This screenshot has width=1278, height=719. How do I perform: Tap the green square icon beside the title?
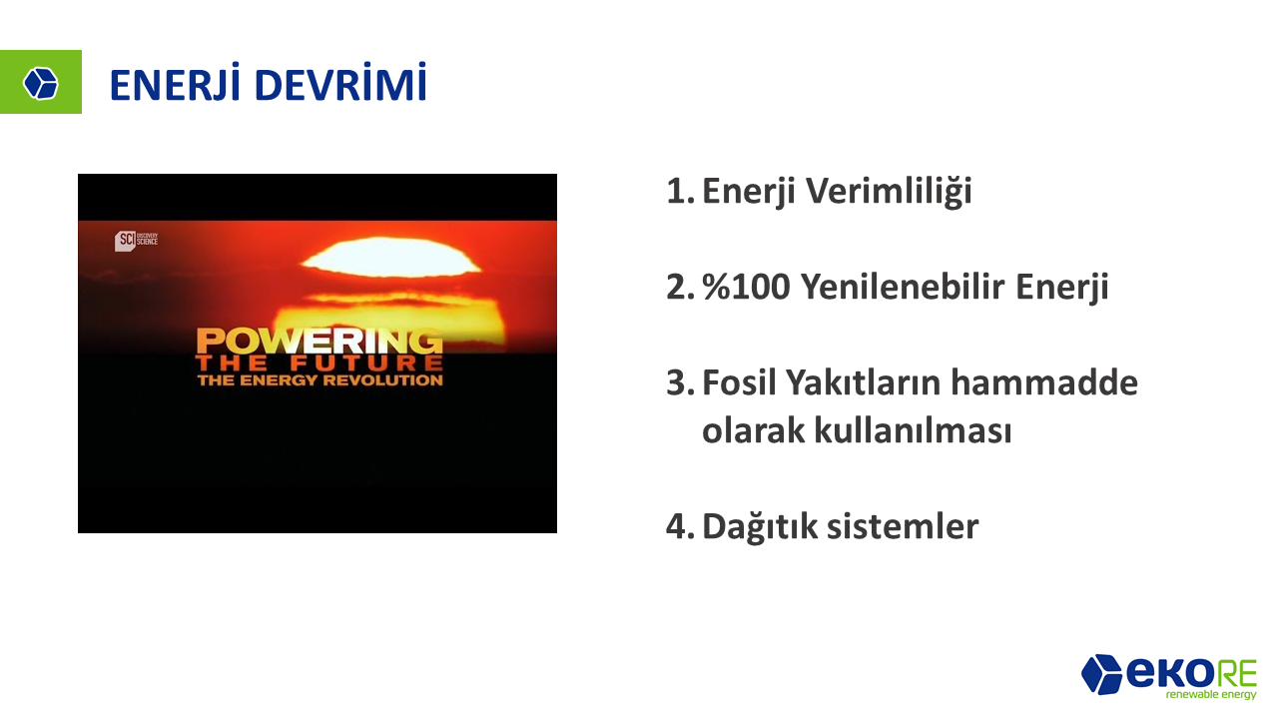41,82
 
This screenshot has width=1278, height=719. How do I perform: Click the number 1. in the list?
681,191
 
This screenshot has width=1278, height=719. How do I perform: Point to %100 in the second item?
746,287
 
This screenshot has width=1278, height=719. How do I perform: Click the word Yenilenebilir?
902,287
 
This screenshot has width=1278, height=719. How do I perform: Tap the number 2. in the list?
681,287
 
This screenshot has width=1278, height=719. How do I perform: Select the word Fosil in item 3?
739,382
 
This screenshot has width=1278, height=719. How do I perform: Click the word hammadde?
1043,382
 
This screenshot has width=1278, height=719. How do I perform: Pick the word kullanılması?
913,429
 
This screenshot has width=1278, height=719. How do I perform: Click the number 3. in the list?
681,382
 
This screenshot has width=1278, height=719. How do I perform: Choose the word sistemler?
903,526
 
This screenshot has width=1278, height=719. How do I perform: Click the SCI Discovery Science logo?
137,241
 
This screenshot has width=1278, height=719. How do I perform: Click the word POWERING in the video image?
319,341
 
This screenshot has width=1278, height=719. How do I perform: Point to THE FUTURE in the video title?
319,363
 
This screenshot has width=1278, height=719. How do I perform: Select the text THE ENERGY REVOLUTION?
320,380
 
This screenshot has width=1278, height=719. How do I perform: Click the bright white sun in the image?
391,258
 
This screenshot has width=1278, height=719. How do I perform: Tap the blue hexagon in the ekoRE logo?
1101,674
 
